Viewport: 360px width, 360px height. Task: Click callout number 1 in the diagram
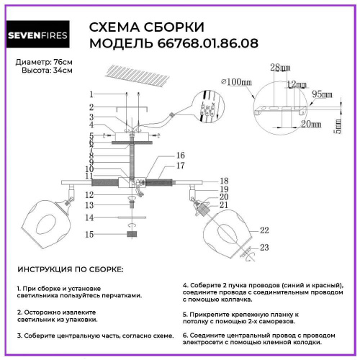pos(91,94)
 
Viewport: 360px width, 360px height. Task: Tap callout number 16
pos(181,156)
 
